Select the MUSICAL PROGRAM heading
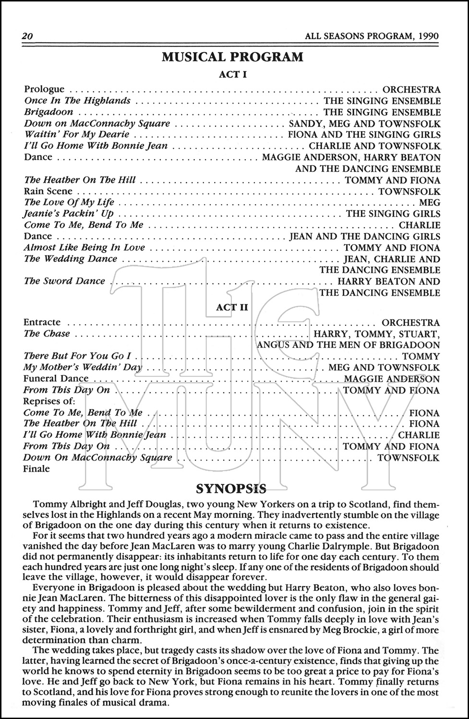pos(232,57)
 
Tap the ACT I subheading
pos(232,74)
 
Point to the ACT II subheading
pos(232,307)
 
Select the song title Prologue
pos(44,89)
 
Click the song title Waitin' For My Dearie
pos(77,134)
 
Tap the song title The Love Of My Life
pos(69,202)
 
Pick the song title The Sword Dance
pos(64,281)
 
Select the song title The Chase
pos(47,334)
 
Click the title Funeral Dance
pos(56,379)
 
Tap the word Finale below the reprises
pos(36,469)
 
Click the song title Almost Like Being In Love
pos(84,247)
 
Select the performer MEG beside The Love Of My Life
pos(430,203)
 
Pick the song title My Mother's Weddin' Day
pos(83,368)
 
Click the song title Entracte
pos(42,322)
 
